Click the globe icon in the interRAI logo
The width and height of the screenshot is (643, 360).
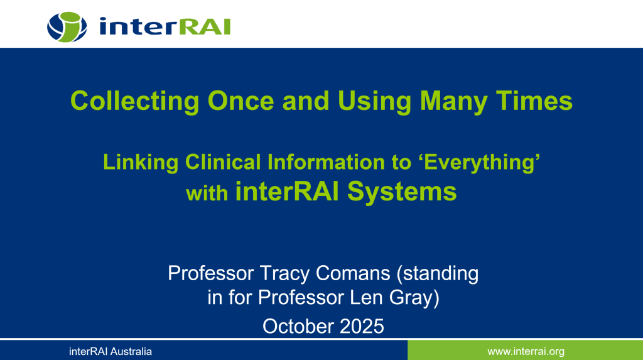coord(67,25)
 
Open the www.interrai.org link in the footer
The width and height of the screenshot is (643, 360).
coord(526,351)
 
